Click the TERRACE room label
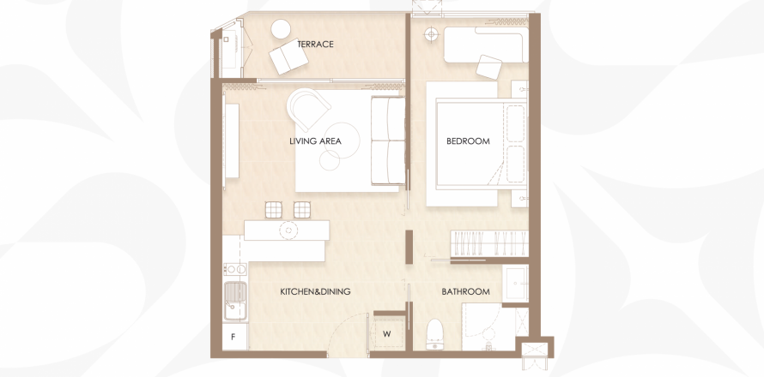pos(315,45)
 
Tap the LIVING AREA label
pos(315,141)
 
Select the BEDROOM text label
pos(468,141)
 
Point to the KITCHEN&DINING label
pos(315,292)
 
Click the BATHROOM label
pos(466,292)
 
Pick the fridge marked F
pos(234,336)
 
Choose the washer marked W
pos(387,333)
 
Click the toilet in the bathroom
pos(434,335)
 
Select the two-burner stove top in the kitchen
pos(235,269)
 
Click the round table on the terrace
pos(282,28)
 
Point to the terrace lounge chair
pos(288,57)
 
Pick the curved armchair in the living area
pos(308,110)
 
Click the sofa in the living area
pos(388,141)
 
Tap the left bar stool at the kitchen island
pos(273,210)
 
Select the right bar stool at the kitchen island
pos(302,210)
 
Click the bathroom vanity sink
pos(515,283)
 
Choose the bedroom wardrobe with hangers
pos(488,243)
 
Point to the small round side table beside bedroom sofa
pos(430,34)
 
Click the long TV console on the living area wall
pos(232,141)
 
